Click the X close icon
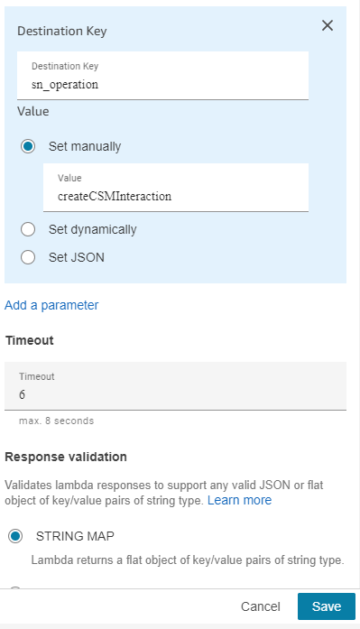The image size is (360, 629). coord(328,25)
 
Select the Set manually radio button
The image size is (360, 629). coord(28,145)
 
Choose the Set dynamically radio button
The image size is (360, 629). coord(28,229)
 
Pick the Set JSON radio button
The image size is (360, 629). coord(28,257)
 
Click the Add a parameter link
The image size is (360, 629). coord(51,305)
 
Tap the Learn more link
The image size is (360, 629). coord(239,499)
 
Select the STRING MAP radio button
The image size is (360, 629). coord(15,536)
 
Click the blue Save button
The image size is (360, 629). coord(326,606)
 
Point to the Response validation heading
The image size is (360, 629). coord(66,457)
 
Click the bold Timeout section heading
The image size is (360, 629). coord(31,340)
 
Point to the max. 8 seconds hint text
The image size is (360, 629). coord(56,421)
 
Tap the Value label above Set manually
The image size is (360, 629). coord(32,112)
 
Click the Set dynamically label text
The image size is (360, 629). coord(92,229)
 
